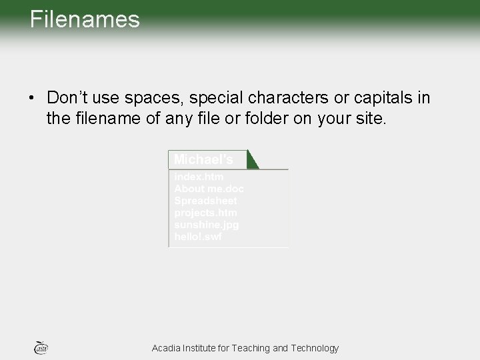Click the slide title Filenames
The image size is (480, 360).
point(85,19)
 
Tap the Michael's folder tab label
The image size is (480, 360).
point(203,160)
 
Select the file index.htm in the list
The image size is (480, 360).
point(199,177)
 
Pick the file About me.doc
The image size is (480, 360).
point(209,188)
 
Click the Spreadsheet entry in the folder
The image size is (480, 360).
point(206,200)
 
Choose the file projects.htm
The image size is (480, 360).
point(205,212)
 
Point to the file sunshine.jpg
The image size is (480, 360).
point(207,224)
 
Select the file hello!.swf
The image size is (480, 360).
point(198,236)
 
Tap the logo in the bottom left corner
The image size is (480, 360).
point(41,347)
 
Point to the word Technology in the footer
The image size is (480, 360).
point(314,348)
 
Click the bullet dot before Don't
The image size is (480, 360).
point(31,99)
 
